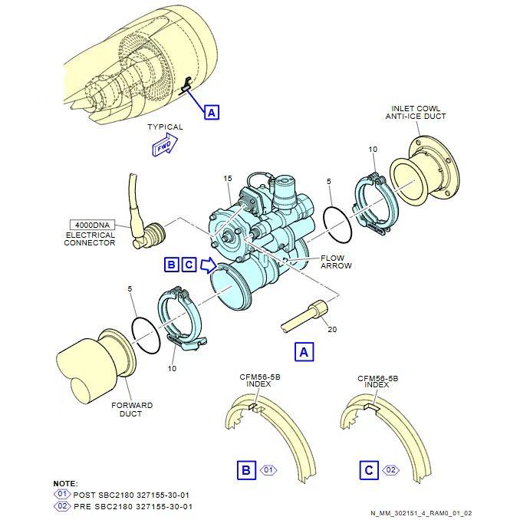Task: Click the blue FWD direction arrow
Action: [165, 145]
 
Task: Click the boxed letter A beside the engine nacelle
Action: [212, 113]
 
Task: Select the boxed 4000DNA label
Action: [92, 225]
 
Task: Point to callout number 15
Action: [228, 179]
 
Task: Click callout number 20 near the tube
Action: [332, 329]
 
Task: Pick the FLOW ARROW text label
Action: [336, 262]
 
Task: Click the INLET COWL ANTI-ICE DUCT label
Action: [416, 113]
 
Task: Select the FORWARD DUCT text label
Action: [132, 410]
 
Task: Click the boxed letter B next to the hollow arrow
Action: [172, 265]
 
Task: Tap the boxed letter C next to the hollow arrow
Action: [189, 265]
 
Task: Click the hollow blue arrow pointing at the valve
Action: [209, 265]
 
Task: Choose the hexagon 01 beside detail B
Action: [268, 470]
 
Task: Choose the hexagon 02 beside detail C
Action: [390, 470]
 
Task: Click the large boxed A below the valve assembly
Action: [304, 352]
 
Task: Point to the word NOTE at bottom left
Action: [66, 483]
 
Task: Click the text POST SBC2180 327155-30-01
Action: [131, 495]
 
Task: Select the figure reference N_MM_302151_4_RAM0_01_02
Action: [421, 513]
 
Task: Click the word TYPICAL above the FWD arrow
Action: [165, 127]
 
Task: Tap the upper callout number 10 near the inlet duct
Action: [373, 150]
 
